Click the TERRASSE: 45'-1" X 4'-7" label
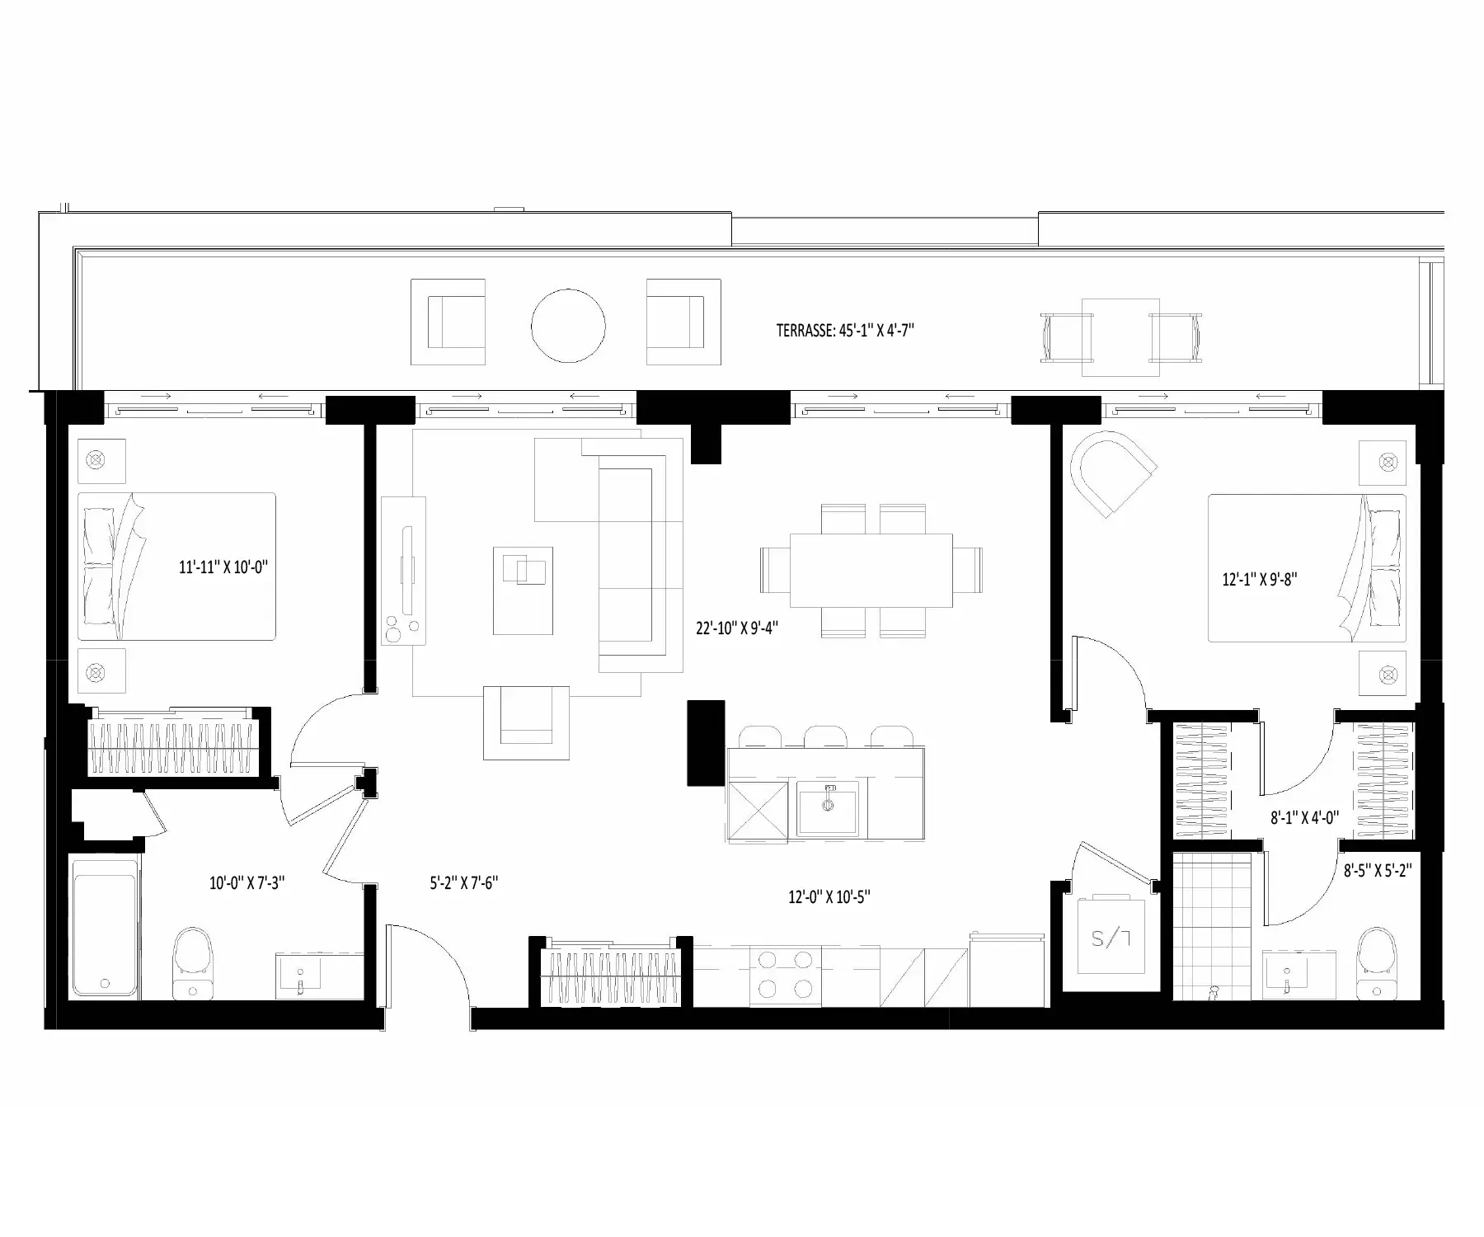[845, 331]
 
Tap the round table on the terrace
[568, 327]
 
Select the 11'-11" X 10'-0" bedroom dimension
[224, 567]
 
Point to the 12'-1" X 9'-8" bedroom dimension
[1259, 579]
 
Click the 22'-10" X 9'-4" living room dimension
[737, 628]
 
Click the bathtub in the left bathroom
[105, 929]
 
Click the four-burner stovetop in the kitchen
[785, 976]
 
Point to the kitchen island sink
[827, 807]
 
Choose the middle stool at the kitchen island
[827, 736]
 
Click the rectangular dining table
[871, 571]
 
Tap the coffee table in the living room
[523, 590]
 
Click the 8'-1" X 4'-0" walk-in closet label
[1304, 818]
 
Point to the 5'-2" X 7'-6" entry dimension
[463, 883]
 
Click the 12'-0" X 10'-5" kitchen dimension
[829, 897]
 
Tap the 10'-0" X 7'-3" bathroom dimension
[247, 883]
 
